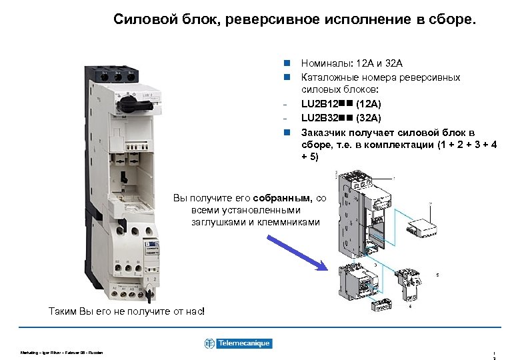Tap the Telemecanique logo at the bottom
(238, 343)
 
